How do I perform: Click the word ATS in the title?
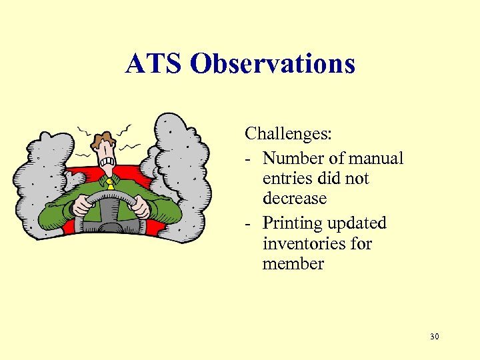click(153, 64)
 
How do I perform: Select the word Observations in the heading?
click(272, 64)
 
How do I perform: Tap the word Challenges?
click(288, 134)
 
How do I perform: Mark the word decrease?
click(295, 199)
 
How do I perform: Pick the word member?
click(293, 264)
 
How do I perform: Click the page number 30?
click(435, 337)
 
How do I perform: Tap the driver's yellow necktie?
click(110, 183)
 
